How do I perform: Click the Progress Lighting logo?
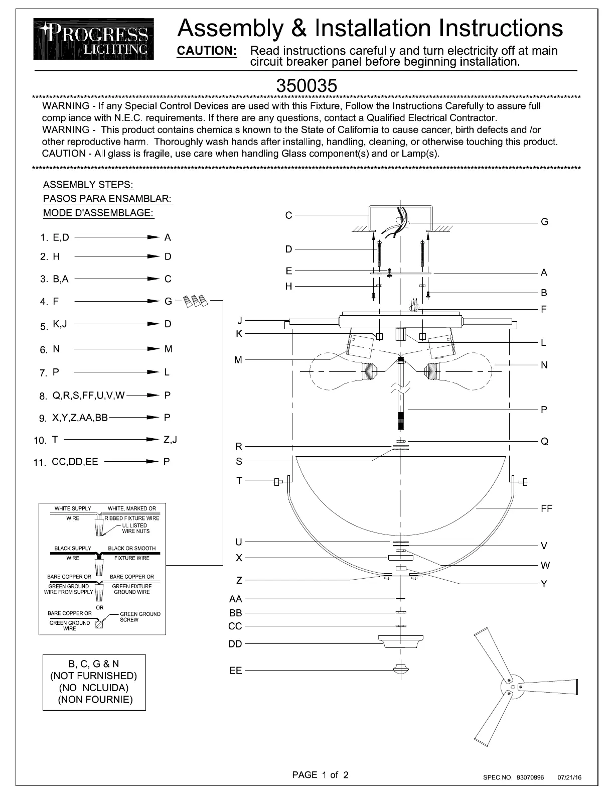[94, 39]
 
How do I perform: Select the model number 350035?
[306, 85]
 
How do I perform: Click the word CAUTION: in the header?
[207, 51]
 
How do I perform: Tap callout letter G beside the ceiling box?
[544, 222]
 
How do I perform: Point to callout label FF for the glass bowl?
[546, 508]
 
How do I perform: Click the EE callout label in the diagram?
[235, 671]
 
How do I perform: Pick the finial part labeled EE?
[401, 669]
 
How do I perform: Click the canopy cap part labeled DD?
[401, 641]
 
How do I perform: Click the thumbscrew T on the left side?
[278, 482]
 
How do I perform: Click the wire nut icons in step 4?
[195, 301]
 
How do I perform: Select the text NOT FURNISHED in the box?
[94, 676]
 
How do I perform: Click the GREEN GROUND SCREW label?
[140, 617]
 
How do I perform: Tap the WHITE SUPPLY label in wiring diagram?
[73, 508]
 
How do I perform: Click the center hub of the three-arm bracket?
[512, 687]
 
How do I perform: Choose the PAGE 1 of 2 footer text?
[320, 775]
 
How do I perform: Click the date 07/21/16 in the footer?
[569, 778]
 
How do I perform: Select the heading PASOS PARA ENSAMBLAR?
[108, 199]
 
